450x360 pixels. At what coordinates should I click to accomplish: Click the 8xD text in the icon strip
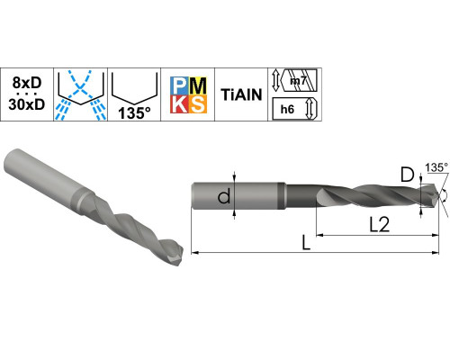pos(27,83)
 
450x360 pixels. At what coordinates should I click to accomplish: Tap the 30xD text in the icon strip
pos(27,104)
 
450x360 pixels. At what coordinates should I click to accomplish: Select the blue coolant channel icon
pos(80,95)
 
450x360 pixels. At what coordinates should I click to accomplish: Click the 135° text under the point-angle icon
pos(134,112)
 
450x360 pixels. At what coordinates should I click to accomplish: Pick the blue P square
pos(179,85)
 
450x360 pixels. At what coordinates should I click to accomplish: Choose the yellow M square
pos(198,85)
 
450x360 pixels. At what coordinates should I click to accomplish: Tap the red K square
pos(179,104)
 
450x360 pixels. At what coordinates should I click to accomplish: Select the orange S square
pos(198,104)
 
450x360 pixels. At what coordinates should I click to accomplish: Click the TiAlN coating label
pos(241,94)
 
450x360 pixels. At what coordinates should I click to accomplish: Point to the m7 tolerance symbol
pos(297,80)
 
